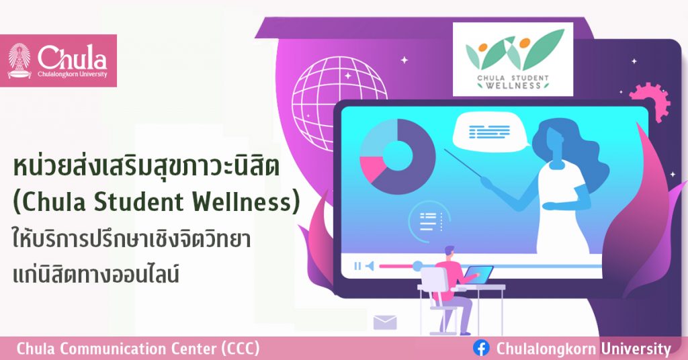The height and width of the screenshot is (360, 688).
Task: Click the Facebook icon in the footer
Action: (x=481, y=349)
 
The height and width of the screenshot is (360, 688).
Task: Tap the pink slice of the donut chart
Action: (x=371, y=169)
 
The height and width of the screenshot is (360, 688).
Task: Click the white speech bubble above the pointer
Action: (x=490, y=131)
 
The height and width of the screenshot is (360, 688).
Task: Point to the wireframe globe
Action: (x=339, y=101)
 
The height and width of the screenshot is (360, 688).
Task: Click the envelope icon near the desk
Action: (x=385, y=322)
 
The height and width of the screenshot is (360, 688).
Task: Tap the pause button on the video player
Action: (x=357, y=266)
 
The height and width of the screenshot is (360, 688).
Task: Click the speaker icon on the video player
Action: (x=370, y=266)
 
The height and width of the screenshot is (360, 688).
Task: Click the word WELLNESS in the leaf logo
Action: (x=513, y=85)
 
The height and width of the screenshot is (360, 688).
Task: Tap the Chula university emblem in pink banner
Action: (x=19, y=60)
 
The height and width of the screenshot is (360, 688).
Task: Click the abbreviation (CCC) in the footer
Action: (x=241, y=349)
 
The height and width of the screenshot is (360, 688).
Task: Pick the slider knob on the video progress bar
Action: (x=417, y=265)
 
